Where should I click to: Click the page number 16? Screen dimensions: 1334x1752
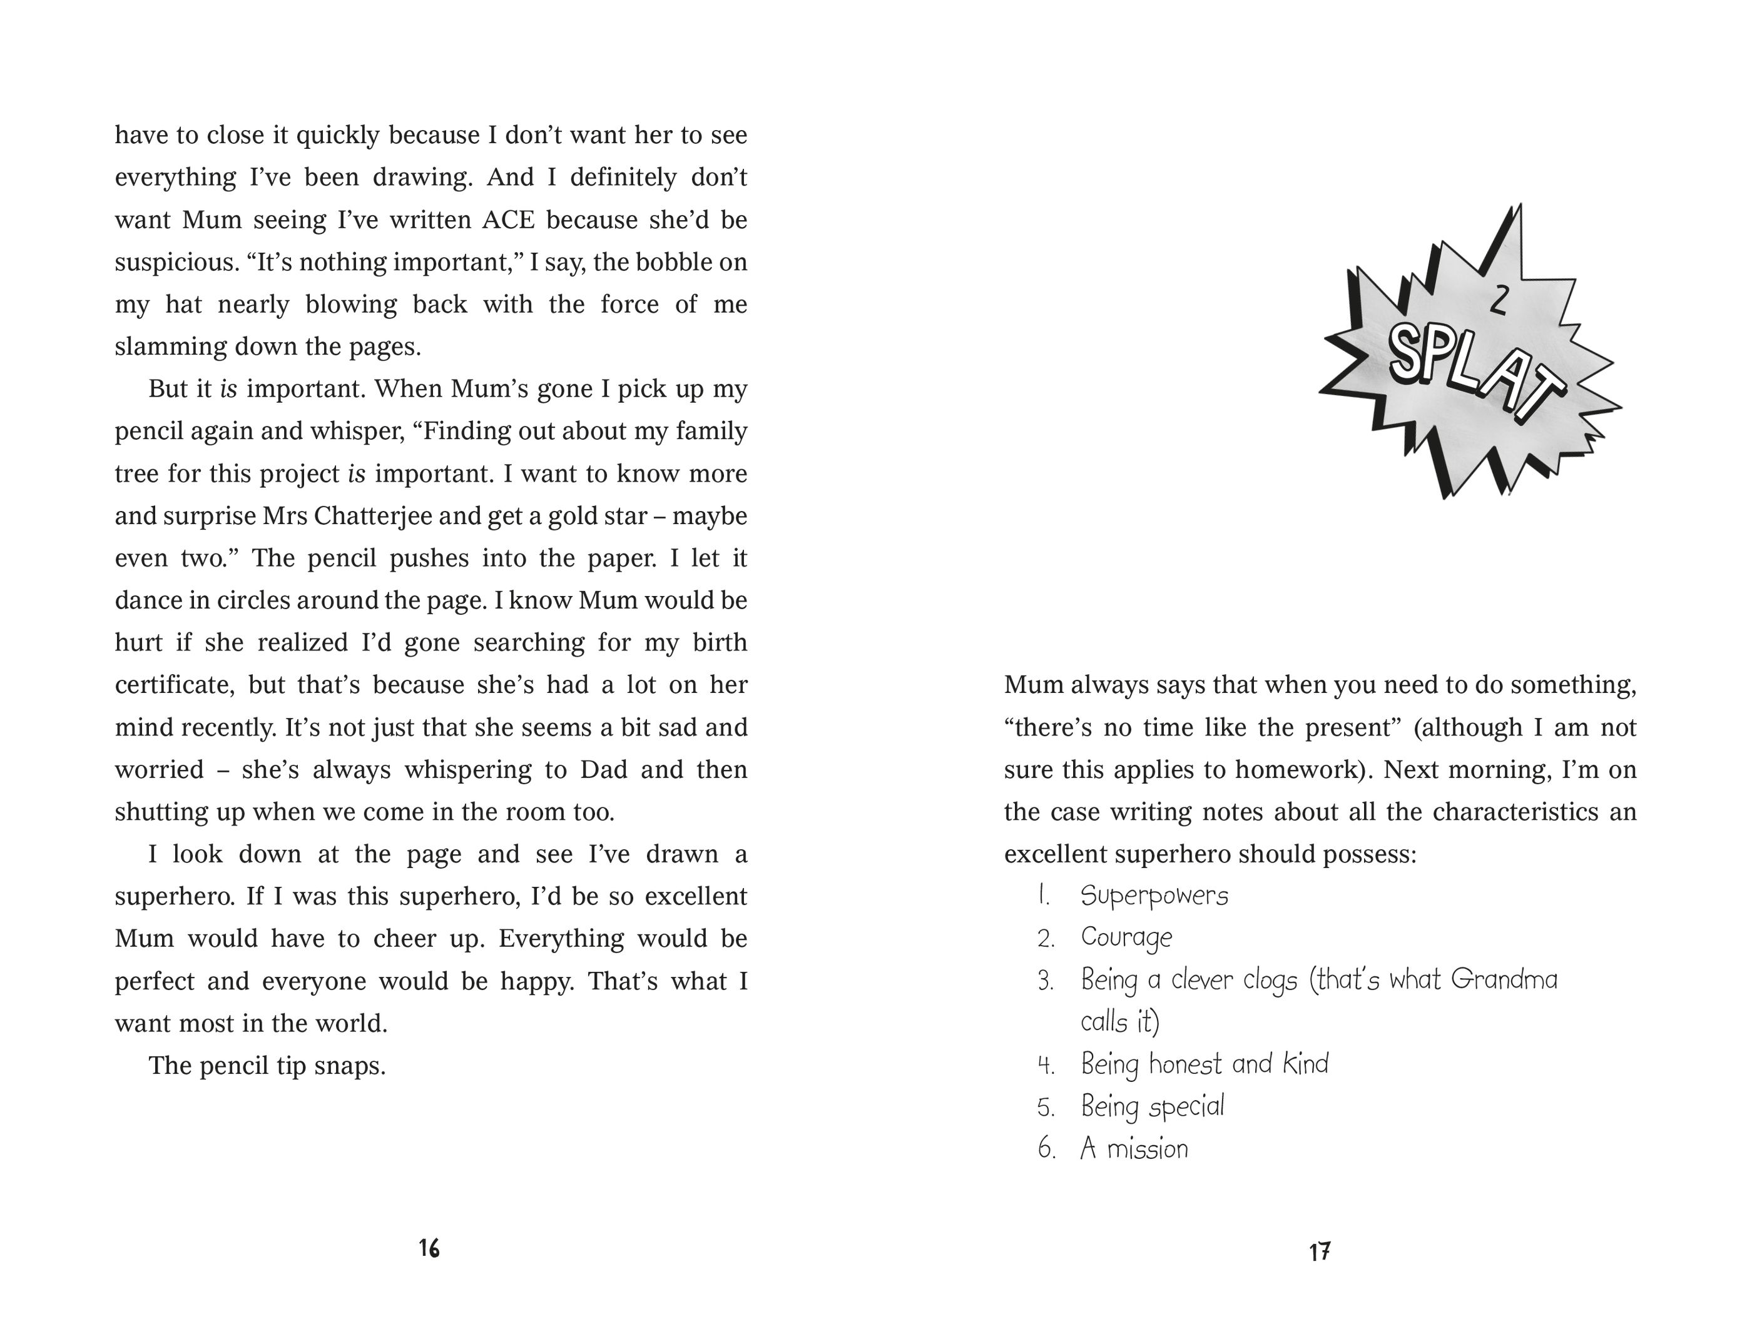[429, 1249]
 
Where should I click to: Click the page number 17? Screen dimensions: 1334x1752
[1319, 1252]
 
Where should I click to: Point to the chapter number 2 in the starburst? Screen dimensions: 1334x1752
[1498, 301]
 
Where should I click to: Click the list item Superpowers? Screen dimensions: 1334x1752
[1154, 896]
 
